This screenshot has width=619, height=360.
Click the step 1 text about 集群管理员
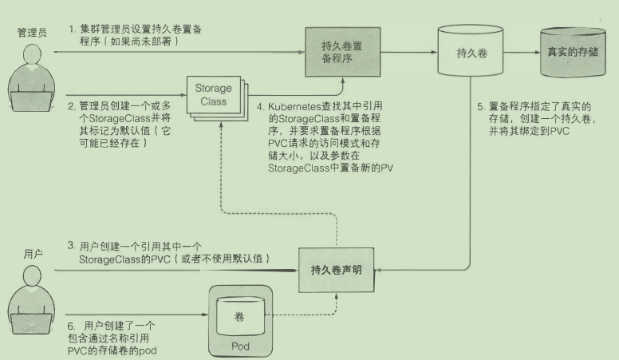point(136,36)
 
